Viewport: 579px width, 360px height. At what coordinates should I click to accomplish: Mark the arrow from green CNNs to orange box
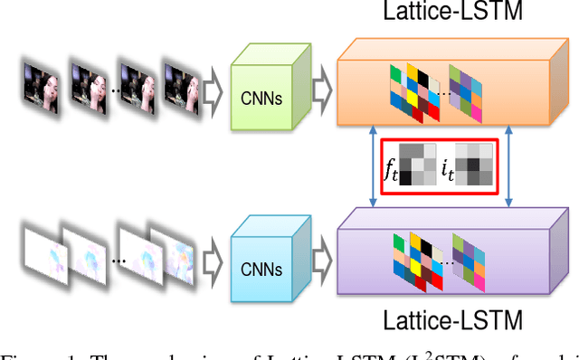(322, 88)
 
